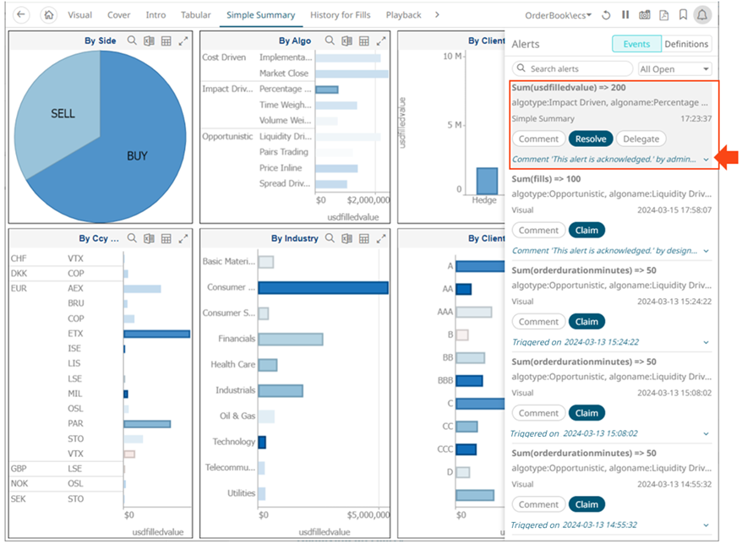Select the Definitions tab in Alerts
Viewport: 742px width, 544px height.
(x=686, y=44)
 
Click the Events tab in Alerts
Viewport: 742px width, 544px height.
(x=636, y=44)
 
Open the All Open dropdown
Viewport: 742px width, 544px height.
(x=674, y=68)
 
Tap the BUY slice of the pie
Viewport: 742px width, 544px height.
(x=135, y=156)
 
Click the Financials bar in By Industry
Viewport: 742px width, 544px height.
(x=291, y=339)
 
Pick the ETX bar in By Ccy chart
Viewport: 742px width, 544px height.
(x=156, y=334)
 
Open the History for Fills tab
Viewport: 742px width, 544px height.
(x=341, y=15)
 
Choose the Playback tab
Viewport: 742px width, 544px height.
(x=403, y=15)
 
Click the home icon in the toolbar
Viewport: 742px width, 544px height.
(x=49, y=15)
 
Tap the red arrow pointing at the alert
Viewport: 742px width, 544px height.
(x=728, y=156)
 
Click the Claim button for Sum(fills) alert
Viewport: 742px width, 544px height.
(x=587, y=230)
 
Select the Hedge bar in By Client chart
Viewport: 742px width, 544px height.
(x=486, y=181)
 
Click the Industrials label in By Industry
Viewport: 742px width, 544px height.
(x=235, y=390)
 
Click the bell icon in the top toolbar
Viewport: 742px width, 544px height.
(x=702, y=15)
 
